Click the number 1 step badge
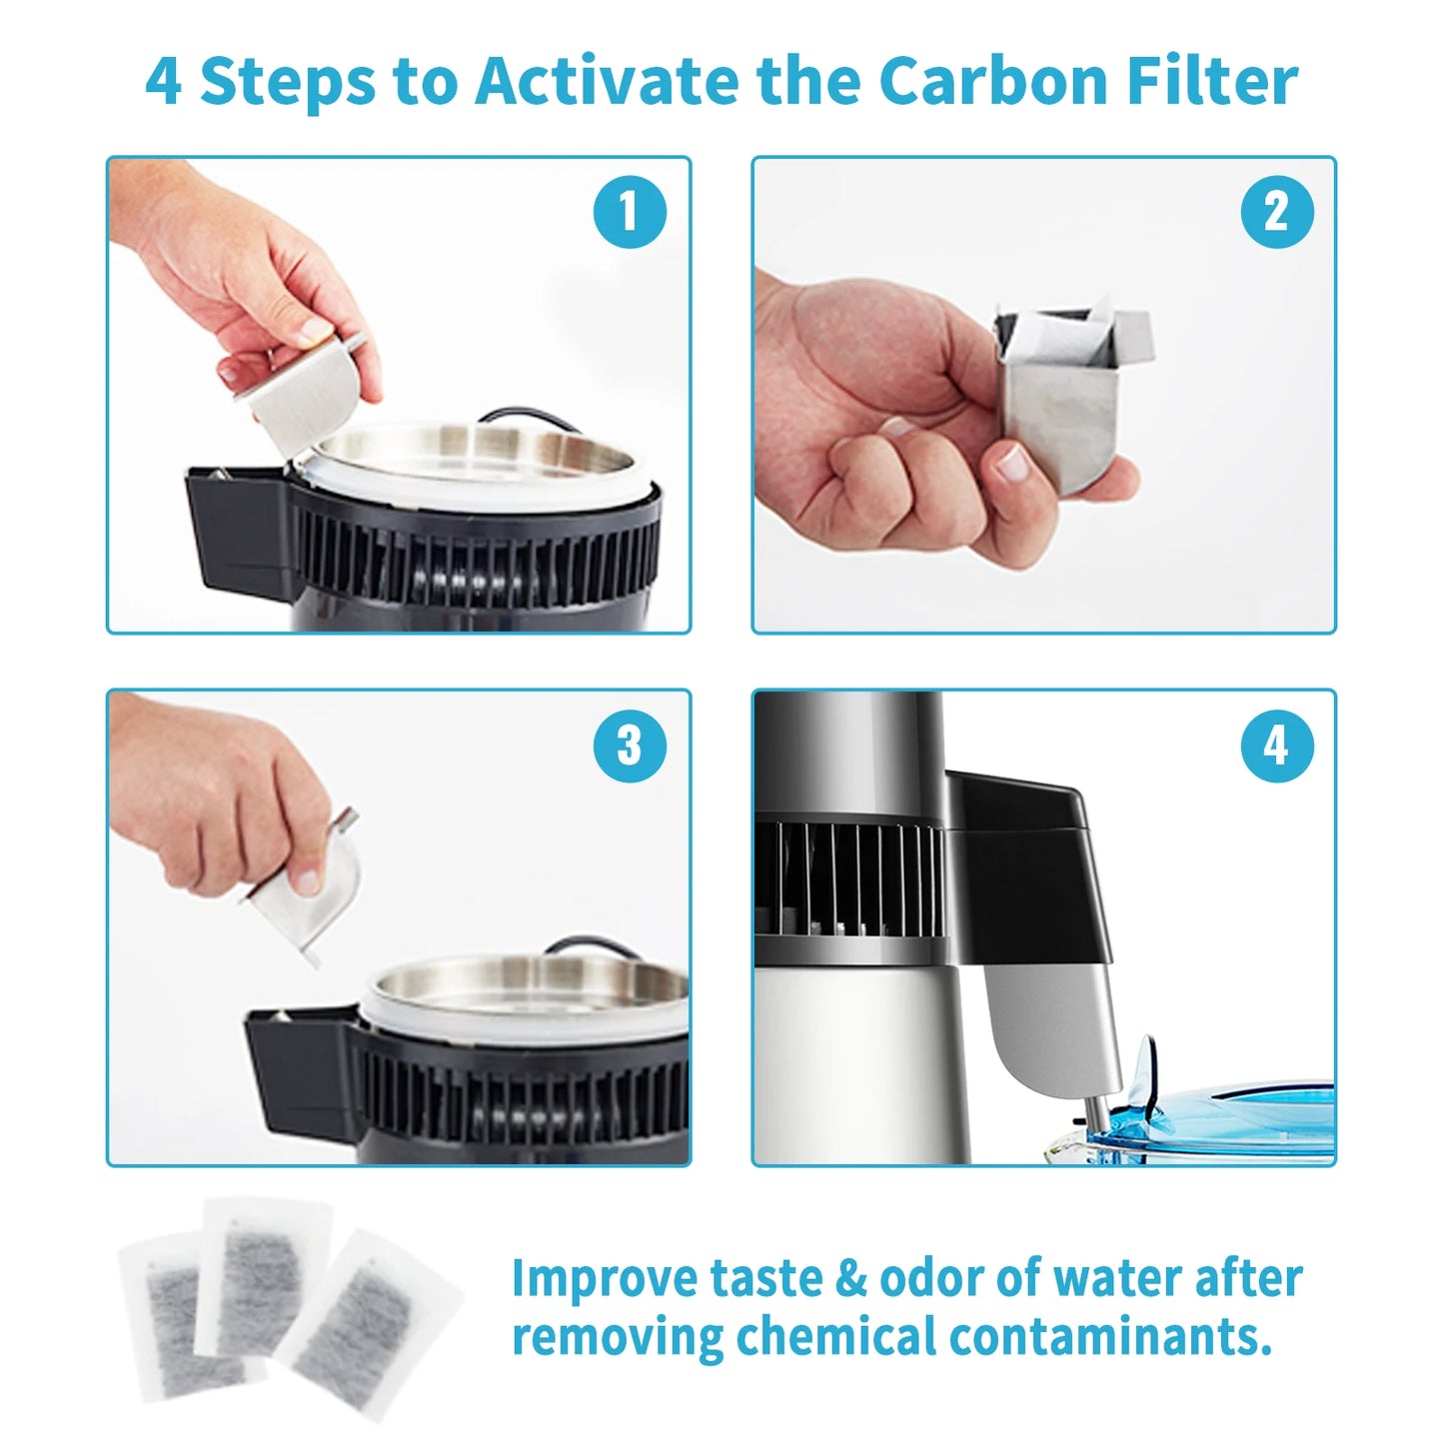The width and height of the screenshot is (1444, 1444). click(630, 212)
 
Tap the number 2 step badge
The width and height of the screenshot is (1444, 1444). click(1276, 212)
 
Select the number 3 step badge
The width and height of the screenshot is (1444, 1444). click(630, 745)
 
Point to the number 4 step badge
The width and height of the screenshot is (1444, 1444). click(1276, 745)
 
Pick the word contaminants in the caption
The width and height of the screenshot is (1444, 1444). click(1109, 1336)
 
